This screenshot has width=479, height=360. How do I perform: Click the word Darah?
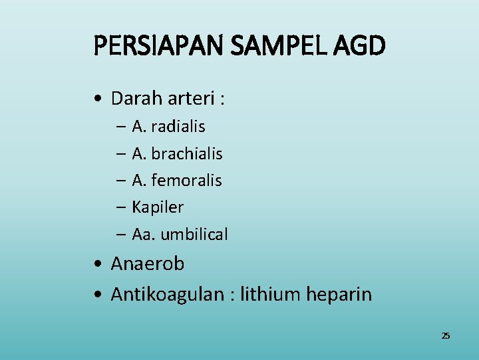coord(135,99)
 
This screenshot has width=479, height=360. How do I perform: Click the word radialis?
coord(178,126)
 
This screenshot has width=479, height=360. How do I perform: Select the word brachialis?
coord(187,153)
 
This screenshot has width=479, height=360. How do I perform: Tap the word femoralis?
coord(187,180)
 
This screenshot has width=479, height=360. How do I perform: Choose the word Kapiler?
coord(158,207)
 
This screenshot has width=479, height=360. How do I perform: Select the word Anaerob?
coord(148,264)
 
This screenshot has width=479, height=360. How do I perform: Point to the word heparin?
coord(339,294)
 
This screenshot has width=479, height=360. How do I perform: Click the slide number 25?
coord(446,335)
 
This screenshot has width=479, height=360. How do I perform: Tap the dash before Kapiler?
coord(120,208)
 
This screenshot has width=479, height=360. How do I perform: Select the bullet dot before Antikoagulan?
coord(98,295)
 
